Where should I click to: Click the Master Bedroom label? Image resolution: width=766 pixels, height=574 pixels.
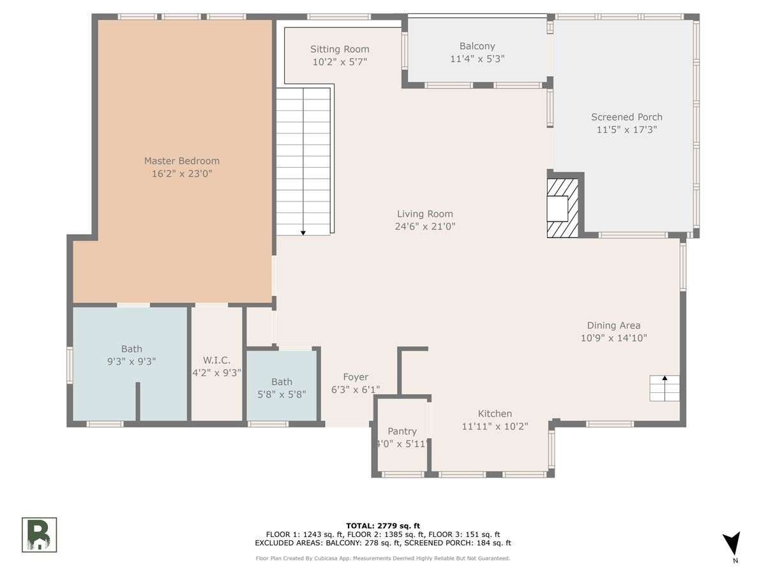point(182,161)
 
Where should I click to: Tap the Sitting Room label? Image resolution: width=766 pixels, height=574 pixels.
point(340,50)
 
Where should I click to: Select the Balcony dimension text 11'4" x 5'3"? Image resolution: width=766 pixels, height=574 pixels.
point(477,59)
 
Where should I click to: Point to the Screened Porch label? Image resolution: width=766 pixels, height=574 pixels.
point(626,117)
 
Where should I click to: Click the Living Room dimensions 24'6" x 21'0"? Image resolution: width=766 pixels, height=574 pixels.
point(425,226)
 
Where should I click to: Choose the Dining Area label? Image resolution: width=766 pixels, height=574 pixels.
point(613,325)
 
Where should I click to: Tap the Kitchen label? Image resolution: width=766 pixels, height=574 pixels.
point(495,414)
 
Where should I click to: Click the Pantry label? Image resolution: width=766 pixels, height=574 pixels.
point(402,432)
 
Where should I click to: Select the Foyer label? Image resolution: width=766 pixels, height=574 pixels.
point(356,377)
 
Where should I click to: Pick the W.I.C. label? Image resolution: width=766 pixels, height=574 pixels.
point(216,360)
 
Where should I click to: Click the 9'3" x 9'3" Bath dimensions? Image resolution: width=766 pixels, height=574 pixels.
point(131,362)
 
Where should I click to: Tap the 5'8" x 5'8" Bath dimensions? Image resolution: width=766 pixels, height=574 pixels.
point(282,395)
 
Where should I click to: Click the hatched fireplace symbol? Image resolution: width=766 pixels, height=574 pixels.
point(562,209)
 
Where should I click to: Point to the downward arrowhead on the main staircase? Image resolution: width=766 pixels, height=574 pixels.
point(303,233)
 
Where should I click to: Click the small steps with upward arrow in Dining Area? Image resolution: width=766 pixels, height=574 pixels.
point(665,388)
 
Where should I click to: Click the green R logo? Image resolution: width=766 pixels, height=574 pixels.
point(39,534)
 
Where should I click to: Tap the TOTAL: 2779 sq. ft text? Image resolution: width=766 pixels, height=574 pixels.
point(383,526)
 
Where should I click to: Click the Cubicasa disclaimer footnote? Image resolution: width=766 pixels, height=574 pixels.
point(383,558)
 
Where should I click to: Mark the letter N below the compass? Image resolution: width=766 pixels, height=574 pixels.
point(735,561)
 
